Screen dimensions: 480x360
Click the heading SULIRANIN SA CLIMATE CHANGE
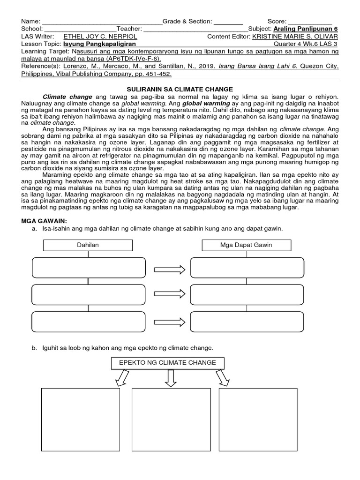180,89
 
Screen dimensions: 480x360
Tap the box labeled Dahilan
88,245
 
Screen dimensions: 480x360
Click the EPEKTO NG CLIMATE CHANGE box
167,363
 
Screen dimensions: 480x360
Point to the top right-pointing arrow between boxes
170,269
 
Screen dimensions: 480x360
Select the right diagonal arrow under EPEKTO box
222,377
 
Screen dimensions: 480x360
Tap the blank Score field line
310,22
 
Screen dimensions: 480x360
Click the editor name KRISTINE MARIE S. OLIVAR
294,37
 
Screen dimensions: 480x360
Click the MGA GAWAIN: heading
43,220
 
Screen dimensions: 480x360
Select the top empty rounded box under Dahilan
88,268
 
